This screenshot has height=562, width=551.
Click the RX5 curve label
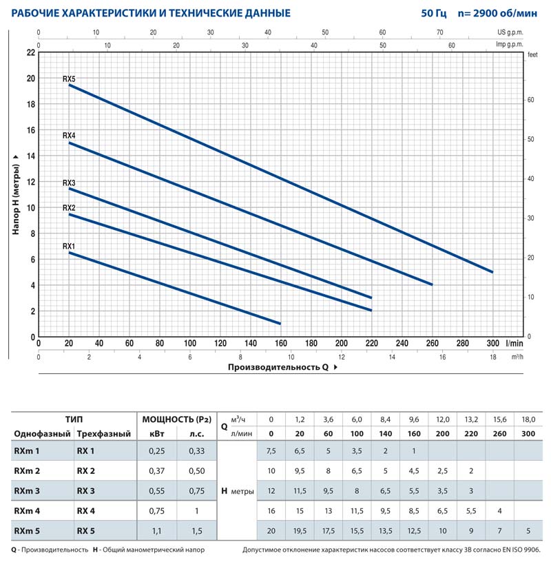68,79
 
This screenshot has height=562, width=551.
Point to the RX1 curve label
68,246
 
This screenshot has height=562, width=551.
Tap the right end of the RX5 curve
492,272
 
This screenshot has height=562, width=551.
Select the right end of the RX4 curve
432,284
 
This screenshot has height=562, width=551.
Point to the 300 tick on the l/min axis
492,342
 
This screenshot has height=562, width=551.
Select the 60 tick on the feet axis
531,100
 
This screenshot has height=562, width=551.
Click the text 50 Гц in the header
433,13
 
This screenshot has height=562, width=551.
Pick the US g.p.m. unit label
512,32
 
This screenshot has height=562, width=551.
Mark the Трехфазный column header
101,433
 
